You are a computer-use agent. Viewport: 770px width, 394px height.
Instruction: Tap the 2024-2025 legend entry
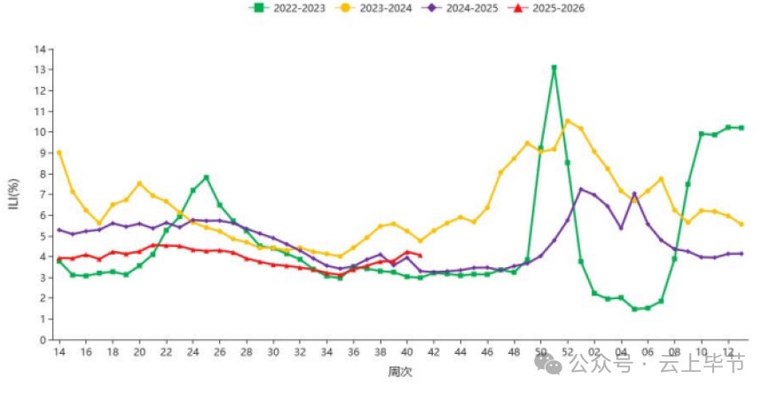tap(462, 8)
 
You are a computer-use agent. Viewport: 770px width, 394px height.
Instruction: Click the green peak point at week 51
tap(554, 67)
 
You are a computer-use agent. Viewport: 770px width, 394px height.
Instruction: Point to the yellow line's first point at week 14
tap(59, 153)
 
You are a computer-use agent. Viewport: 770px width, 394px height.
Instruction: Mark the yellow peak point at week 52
tap(568, 121)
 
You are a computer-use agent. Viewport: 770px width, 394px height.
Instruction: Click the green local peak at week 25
tap(206, 177)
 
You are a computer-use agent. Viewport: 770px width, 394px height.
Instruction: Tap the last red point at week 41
tap(420, 256)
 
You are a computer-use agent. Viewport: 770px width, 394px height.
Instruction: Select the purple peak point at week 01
tap(581, 189)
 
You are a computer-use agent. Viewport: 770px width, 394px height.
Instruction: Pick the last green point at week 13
tap(741, 128)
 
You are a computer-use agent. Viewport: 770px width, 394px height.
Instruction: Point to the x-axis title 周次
tap(399, 372)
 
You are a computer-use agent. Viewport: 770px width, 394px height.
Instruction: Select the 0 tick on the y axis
tap(42, 340)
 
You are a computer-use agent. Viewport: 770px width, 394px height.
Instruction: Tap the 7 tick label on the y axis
tap(42, 194)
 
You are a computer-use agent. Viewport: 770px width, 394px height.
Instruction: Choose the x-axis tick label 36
tap(353, 352)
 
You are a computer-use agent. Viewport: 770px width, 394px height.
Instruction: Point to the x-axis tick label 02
tap(594, 352)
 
